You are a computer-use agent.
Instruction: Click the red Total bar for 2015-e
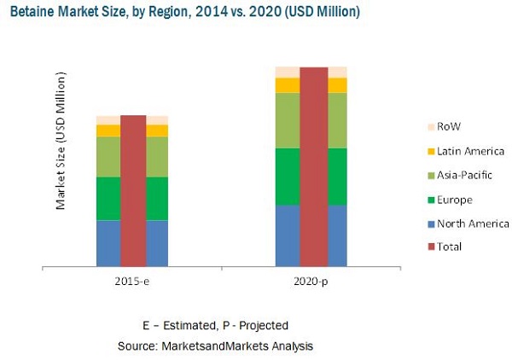coord(132,191)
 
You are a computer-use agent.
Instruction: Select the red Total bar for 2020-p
coord(313,167)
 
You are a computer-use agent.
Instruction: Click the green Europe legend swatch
coord(428,200)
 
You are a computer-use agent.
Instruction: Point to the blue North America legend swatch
coord(428,224)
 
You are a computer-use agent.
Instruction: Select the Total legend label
coord(450,247)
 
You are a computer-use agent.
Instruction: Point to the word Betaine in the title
coord(28,12)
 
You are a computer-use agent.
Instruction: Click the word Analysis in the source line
coord(289,345)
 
